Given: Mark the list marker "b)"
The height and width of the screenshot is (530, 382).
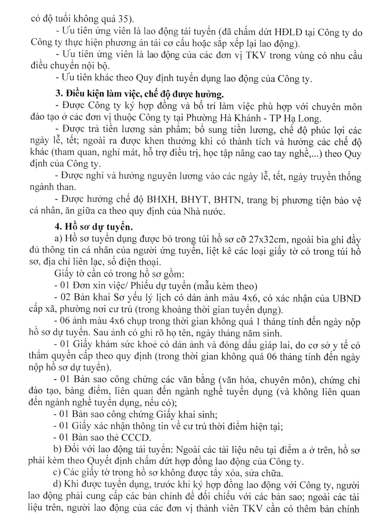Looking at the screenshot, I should [57, 450].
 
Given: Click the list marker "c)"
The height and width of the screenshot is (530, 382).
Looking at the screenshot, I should [57, 473].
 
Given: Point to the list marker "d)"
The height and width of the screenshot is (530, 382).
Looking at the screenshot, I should [57, 484].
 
